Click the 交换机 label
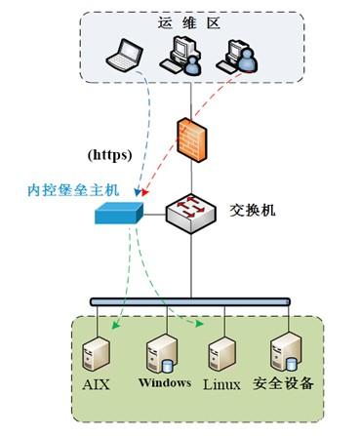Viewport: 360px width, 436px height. tap(256, 208)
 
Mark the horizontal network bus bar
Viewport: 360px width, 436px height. tap(191, 302)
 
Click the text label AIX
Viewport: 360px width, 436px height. tap(98, 385)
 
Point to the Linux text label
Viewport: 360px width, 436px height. tap(221, 384)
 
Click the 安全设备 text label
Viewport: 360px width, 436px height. tap(284, 383)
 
